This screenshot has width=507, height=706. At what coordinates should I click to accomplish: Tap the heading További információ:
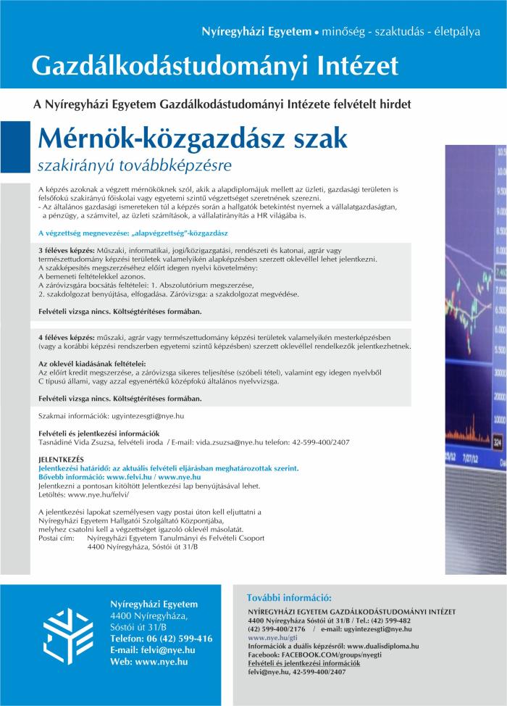click(x=290, y=598)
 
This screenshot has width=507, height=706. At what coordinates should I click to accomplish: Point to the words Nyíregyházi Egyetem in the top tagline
click(x=245, y=33)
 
